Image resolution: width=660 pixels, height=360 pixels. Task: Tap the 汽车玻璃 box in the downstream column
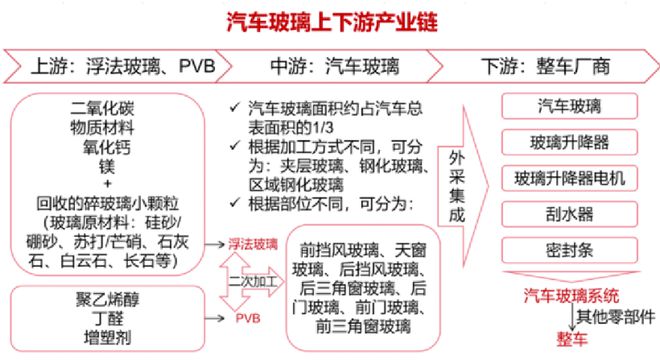569,106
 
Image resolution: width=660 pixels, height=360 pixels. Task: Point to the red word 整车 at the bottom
555,341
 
